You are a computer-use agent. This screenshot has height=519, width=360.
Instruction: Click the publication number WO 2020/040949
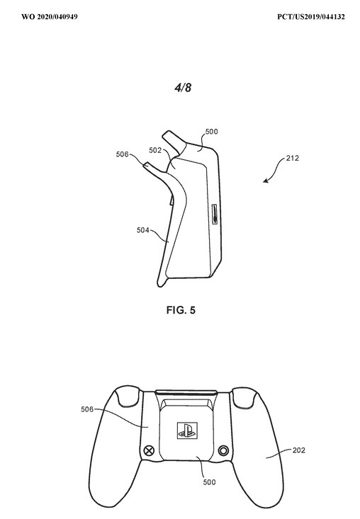pyautogui.click(x=50, y=16)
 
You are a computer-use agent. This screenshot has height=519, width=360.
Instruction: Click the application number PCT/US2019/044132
pyautogui.click(x=311, y=16)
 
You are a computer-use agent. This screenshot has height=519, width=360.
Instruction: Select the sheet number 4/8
pyautogui.click(x=183, y=87)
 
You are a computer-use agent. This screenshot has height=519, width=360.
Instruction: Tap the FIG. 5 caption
pyautogui.click(x=181, y=310)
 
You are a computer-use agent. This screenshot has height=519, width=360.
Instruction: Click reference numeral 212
pyautogui.click(x=293, y=158)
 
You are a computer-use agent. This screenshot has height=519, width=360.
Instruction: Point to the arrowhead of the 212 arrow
pyautogui.click(x=265, y=181)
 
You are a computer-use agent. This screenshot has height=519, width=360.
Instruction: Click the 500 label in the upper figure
pyautogui.click(x=211, y=132)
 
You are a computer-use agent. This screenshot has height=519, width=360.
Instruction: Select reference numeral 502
pyautogui.click(x=155, y=150)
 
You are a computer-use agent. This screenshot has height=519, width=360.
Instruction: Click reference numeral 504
pyautogui.click(x=142, y=230)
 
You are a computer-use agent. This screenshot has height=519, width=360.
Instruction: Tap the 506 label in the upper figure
pyautogui.click(x=122, y=154)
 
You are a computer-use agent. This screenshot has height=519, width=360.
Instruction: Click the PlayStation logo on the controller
pyautogui.click(x=187, y=430)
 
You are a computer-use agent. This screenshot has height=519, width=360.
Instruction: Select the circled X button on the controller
pyautogui.click(x=150, y=450)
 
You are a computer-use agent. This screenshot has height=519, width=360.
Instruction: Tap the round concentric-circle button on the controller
pyautogui.click(x=223, y=450)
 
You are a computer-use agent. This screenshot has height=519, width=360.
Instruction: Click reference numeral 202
pyautogui.click(x=299, y=450)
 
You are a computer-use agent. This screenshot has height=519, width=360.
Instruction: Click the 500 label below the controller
pyautogui.click(x=209, y=482)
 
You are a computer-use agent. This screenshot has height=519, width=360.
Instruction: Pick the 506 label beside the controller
pyautogui.click(x=87, y=409)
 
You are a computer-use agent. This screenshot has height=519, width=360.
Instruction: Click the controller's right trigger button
pyautogui.click(x=244, y=397)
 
